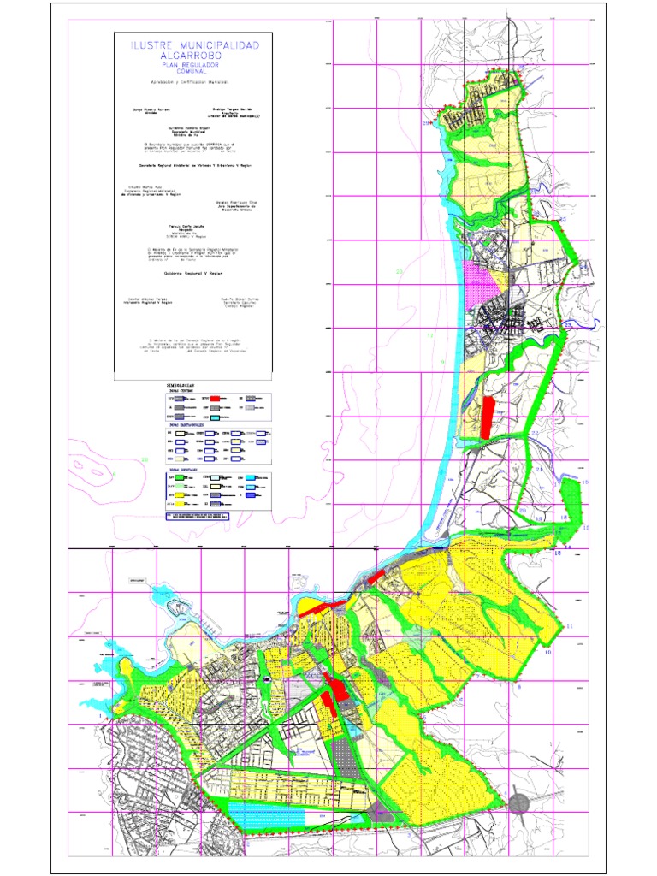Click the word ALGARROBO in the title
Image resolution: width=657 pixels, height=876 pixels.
pyautogui.click(x=194, y=55)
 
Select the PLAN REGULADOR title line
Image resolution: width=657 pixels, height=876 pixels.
pyautogui.click(x=194, y=64)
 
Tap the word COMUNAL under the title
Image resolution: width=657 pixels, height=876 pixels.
pyautogui.click(x=194, y=71)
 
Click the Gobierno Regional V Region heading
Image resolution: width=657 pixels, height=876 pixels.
pyautogui.click(x=194, y=274)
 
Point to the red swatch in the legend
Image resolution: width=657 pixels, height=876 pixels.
pyautogui.click(x=218, y=399)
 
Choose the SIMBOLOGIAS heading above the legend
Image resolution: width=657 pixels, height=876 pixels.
pyautogui.click(x=183, y=386)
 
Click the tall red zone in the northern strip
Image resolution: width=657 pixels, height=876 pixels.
pyautogui.click(x=487, y=417)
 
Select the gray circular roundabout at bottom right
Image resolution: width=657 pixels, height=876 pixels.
pyautogui.click(x=518, y=802)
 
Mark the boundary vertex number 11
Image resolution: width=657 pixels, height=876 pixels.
pyautogui.click(x=570, y=627)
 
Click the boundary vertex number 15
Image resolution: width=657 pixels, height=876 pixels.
pyautogui.click(x=586, y=528)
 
